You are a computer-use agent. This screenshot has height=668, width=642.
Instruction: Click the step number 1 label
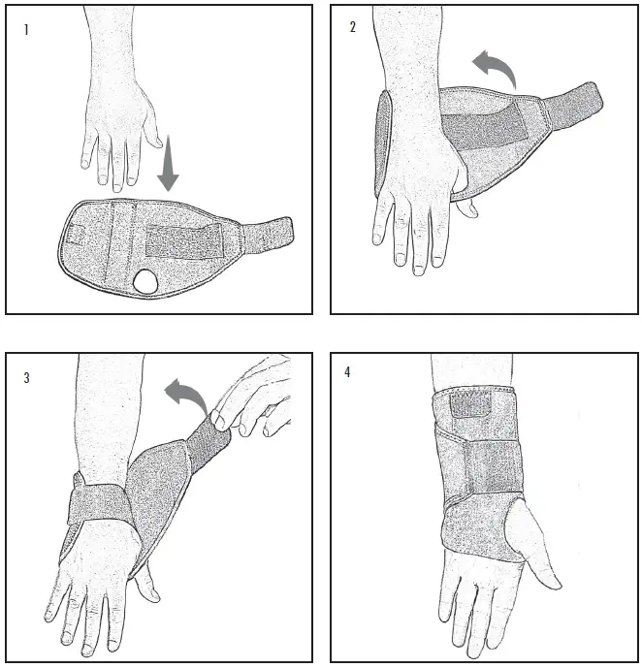(x=26, y=30)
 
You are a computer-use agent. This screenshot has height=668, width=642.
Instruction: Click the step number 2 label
(x=353, y=27)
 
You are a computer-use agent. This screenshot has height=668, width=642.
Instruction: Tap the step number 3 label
(x=27, y=378)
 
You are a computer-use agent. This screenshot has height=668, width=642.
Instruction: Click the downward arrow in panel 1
(x=169, y=164)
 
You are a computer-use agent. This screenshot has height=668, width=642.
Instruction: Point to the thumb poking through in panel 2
(x=467, y=206)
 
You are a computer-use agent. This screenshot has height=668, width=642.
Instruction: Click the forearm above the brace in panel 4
(x=465, y=373)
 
